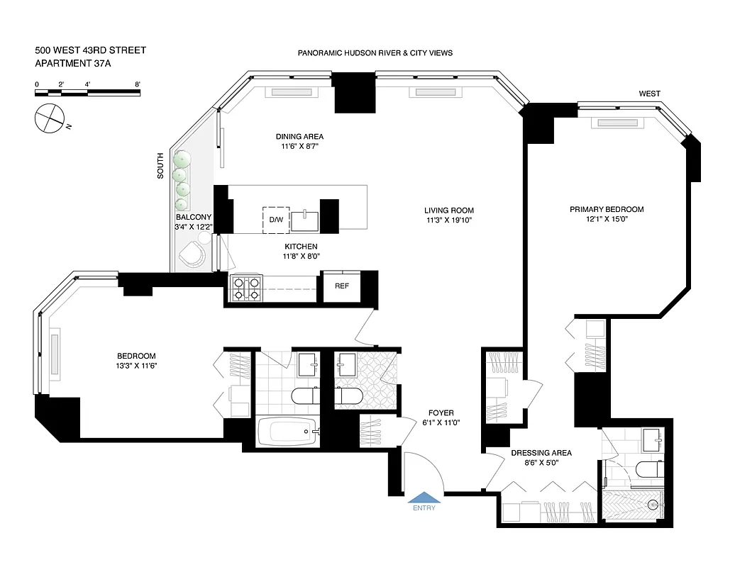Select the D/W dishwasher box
click(x=275, y=220)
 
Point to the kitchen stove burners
click(x=245, y=288)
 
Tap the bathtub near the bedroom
click(x=287, y=431)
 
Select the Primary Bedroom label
click(x=607, y=209)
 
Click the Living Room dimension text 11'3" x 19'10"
click(x=448, y=220)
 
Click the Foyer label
click(x=441, y=412)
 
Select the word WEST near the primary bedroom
click(x=649, y=94)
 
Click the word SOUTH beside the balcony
click(x=160, y=166)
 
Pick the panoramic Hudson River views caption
click(x=375, y=53)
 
